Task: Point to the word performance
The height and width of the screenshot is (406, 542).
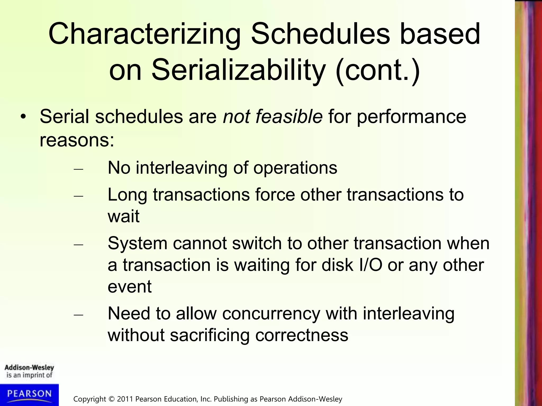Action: (412, 117)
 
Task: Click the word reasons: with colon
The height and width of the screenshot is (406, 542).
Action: (77, 140)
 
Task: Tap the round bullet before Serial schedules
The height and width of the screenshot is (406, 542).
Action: (24, 117)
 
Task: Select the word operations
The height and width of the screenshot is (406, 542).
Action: (295, 168)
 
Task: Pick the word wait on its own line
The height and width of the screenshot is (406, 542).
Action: (123, 216)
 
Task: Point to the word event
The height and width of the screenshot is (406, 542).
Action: (129, 287)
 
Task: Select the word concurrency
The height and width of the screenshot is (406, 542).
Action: (271, 314)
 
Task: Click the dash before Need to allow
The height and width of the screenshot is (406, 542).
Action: (78, 315)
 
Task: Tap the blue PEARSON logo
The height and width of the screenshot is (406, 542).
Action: (29, 394)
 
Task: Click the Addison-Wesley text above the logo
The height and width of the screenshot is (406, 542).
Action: (29, 367)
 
